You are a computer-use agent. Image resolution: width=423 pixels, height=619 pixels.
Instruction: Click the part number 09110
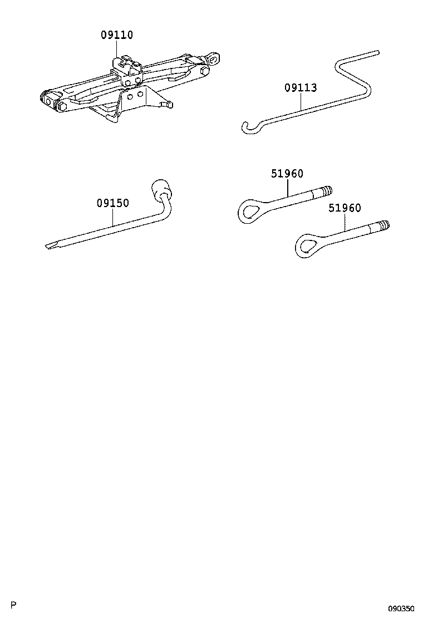[x=117, y=35]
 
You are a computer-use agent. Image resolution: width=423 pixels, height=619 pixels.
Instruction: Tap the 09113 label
[x=301, y=87]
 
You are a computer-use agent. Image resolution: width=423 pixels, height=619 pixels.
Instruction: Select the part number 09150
[x=113, y=203]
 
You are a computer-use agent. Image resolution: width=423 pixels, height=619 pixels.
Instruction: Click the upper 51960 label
[x=287, y=173]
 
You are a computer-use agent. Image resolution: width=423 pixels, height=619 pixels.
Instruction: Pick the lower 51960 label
[x=345, y=208]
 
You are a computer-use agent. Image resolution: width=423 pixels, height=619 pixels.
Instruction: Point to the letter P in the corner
[x=14, y=605]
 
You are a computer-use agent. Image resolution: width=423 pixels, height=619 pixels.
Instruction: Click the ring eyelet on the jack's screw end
[x=214, y=58]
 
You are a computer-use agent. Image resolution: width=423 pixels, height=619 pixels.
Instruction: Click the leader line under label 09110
[x=117, y=49]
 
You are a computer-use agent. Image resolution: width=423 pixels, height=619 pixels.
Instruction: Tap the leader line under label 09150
[x=113, y=217]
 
